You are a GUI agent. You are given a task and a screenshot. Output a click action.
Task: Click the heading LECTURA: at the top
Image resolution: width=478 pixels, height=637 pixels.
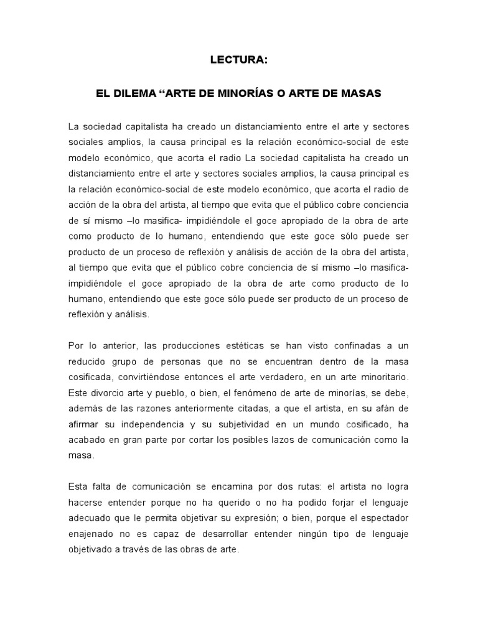(x=238, y=60)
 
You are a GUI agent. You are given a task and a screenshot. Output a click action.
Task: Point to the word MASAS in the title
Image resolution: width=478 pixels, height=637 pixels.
(x=358, y=93)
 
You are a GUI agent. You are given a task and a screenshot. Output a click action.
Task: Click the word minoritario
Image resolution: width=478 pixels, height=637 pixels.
(x=379, y=378)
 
